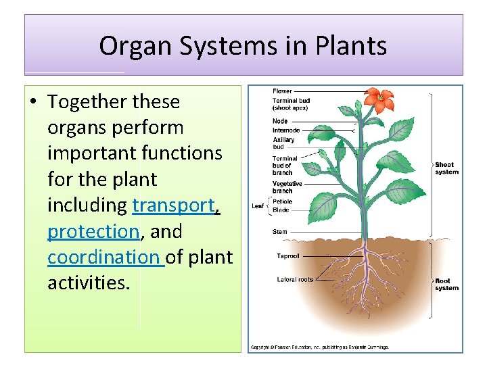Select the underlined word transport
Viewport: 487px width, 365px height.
point(174,205)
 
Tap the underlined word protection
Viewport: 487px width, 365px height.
point(93,231)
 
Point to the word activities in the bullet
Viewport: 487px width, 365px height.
point(87,283)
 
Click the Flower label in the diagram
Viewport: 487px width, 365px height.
point(282,91)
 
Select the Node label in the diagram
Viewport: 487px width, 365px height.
point(280,122)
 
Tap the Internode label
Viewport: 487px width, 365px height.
point(286,130)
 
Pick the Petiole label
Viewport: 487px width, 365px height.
point(283,201)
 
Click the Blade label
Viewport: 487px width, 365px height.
point(281,210)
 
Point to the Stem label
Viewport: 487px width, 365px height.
point(279,232)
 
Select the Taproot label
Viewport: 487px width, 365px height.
point(287,256)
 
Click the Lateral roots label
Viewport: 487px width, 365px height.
point(296,279)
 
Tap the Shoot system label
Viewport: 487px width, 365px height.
point(446,168)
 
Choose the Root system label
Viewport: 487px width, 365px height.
point(446,285)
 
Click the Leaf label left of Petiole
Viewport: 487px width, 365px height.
point(258,206)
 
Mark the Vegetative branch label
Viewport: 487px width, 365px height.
point(287,187)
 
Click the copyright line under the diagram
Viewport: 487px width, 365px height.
point(319,347)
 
